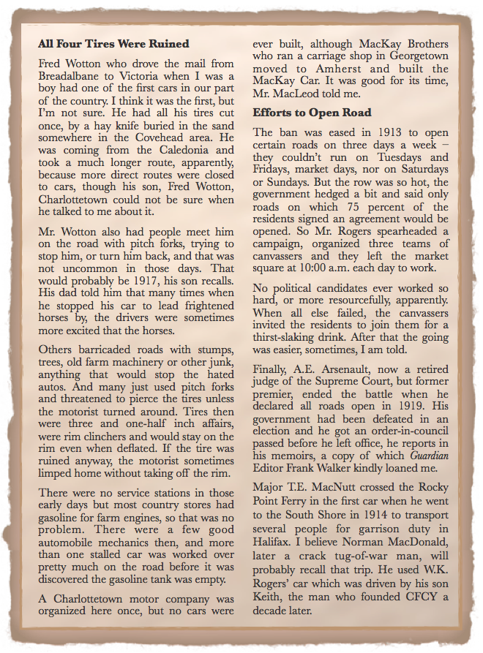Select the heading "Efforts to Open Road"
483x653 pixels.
point(312,113)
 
